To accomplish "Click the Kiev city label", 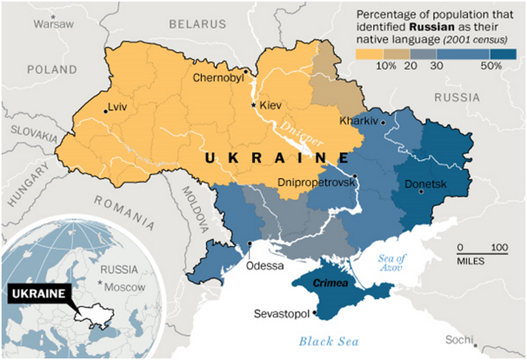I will (271, 106).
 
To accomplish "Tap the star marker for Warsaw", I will (54, 16).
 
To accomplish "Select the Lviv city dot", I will (105, 111).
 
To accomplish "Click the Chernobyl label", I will (218, 77).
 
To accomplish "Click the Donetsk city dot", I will (421, 192).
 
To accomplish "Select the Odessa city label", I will (265, 265).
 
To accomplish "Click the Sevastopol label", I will (281, 314).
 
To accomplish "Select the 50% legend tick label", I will (491, 66).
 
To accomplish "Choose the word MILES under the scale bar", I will (471, 260).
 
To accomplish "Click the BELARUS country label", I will (197, 24).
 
